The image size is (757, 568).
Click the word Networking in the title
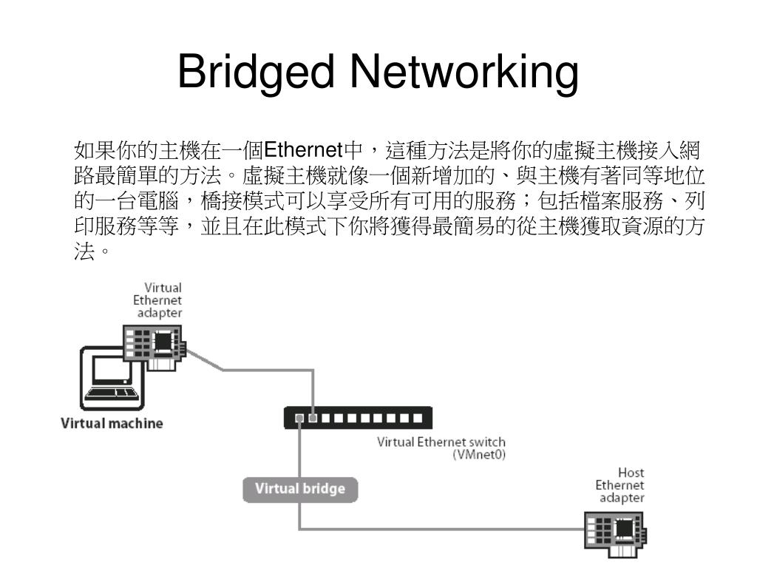pos(465,75)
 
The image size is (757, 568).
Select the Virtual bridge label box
pos(299,490)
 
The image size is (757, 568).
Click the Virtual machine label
pos(111,424)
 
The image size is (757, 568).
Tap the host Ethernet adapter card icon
pos(615,532)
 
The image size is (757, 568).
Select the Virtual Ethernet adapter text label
pos(157,300)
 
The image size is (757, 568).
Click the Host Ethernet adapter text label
pos(620,485)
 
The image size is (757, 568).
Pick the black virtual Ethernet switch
pos(353,419)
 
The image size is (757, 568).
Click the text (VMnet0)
pos(479,456)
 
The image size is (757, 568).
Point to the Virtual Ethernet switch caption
pos(441,443)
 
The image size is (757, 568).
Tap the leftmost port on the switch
pos(299,419)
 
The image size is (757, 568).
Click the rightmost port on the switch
pos(418,419)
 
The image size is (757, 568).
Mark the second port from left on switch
pos(313,419)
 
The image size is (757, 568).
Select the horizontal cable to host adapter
pos(444,529)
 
